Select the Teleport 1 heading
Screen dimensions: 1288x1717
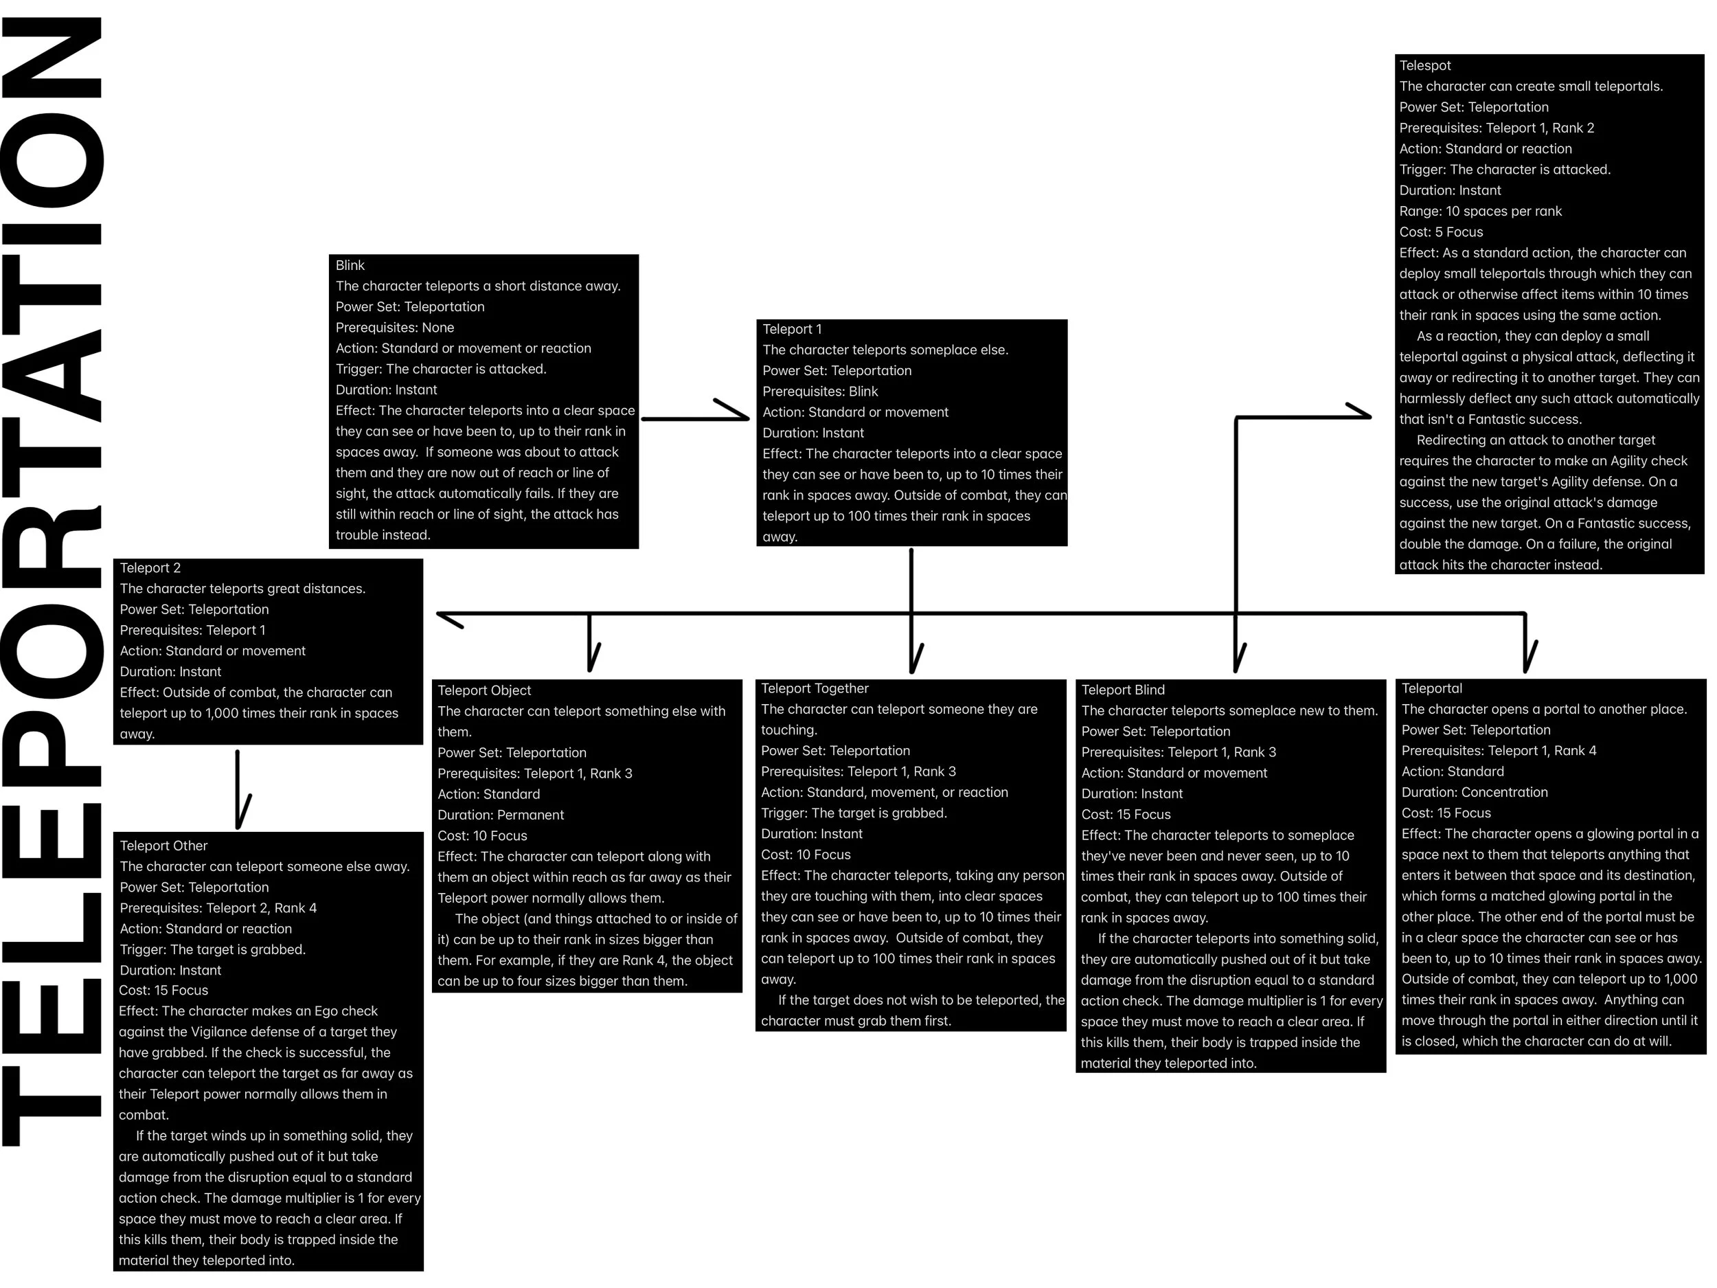792,329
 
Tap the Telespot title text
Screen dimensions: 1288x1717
1425,66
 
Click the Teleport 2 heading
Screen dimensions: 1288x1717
150,568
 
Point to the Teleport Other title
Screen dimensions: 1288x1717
163,846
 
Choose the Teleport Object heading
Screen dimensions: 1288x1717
484,691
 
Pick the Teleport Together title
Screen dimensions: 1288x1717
815,688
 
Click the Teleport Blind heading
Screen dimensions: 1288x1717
1123,690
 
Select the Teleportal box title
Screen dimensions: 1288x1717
1432,688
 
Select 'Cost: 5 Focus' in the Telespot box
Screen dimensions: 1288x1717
1442,232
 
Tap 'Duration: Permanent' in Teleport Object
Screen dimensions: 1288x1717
501,815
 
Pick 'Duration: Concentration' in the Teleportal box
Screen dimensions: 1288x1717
1475,793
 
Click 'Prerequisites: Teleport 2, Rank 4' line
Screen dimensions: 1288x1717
218,908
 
